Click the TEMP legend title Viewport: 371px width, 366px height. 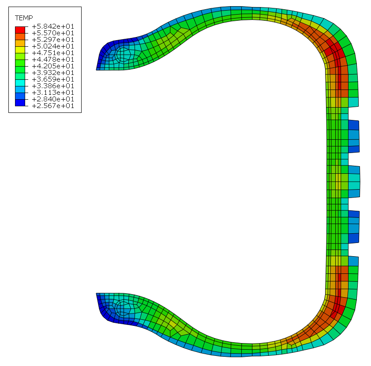(24, 18)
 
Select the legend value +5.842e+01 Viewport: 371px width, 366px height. (53, 26)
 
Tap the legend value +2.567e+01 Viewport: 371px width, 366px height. (53, 106)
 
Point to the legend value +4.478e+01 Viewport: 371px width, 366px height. (53, 60)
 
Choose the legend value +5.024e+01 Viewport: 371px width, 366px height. (53, 46)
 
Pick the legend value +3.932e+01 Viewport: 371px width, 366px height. (53, 73)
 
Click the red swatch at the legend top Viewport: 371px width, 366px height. (20, 30)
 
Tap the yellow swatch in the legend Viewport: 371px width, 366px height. (20, 50)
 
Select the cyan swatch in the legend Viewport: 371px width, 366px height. (20, 83)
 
